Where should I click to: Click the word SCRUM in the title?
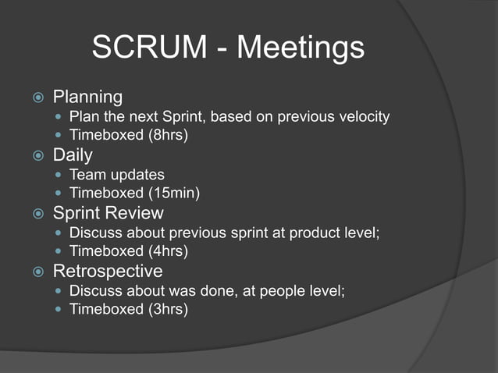pos(148,48)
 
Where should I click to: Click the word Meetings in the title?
pos(301,48)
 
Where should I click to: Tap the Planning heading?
pos(87,98)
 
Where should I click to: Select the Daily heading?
pos(73,155)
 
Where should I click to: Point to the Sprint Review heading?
pos(107,213)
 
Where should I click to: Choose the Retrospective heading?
pos(108,271)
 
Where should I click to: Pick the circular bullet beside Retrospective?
pos(37,272)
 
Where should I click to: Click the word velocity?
pos(361,117)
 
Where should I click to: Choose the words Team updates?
pos(117,175)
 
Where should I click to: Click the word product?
pos(315,233)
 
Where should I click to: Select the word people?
pos(282,290)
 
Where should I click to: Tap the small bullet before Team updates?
pos(59,176)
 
